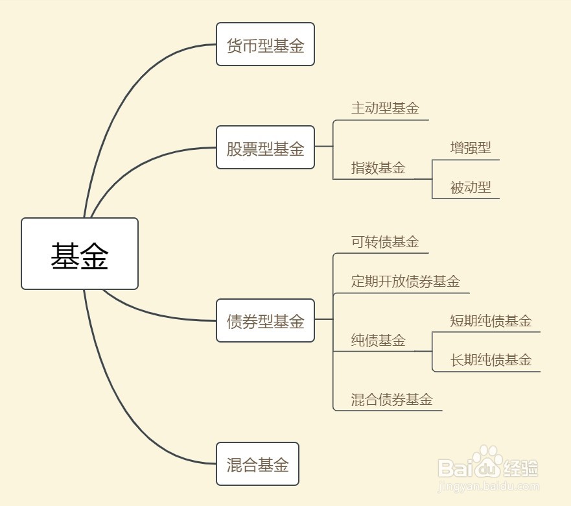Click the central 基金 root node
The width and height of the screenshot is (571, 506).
pos(80,254)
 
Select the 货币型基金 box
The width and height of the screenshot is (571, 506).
pos(265,45)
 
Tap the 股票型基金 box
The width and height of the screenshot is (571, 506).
pos(265,148)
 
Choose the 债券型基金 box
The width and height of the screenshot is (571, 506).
pos(265,320)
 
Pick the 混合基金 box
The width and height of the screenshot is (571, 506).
pos(257,464)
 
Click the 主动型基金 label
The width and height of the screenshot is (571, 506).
pos(385,108)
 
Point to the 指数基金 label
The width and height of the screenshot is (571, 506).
pos(378,168)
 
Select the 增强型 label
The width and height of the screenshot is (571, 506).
pos(471,148)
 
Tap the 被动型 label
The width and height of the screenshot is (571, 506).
pos(471,187)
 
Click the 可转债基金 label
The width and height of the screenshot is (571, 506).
pos(385,242)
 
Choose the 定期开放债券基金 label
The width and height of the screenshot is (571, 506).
pos(405,282)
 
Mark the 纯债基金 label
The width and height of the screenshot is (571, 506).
pos(378,340)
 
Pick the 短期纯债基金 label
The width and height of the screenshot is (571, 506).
pos(491,320)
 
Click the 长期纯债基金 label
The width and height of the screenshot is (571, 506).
pos(491,360)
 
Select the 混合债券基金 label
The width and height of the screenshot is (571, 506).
pos(391,399)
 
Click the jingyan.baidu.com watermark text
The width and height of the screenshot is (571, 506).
pos(489,485)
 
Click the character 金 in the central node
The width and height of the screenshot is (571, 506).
pos(94,255)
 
